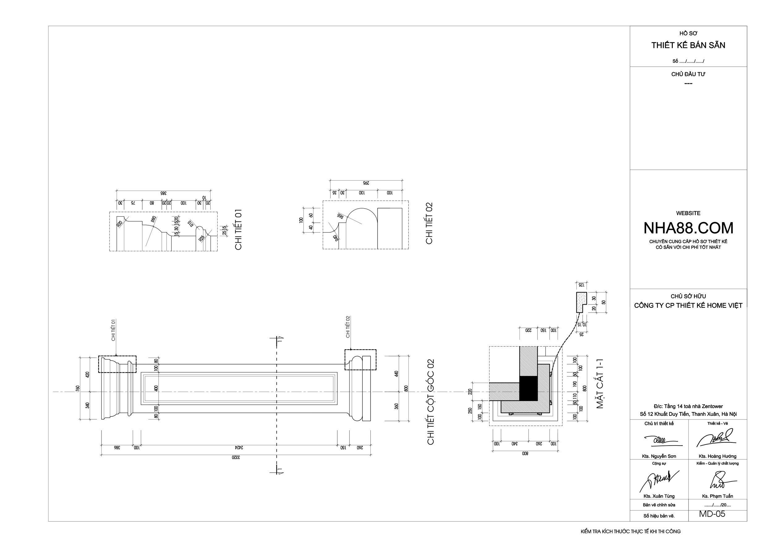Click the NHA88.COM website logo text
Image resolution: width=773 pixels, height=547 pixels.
coord(688,228)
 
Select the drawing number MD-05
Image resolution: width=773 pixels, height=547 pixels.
coord(712,514)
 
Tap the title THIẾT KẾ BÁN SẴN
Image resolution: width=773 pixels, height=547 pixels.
coord(688,45)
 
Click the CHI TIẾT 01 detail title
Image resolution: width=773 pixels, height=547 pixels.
coord(238,229)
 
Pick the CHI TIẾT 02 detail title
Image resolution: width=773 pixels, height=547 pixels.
coord(429,223)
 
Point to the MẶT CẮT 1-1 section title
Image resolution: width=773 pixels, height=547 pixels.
coord(600,384)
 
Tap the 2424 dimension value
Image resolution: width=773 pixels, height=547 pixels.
coord(239,448)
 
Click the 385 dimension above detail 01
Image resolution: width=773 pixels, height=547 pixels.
coord(163,193)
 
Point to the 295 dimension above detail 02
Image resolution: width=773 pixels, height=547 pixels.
coord(366,183)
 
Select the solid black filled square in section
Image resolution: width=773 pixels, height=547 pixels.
coord(528,388)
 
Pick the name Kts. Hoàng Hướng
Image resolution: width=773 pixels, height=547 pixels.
coord(717,456)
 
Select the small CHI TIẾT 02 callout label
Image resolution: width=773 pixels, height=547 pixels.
coord(348,327)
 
